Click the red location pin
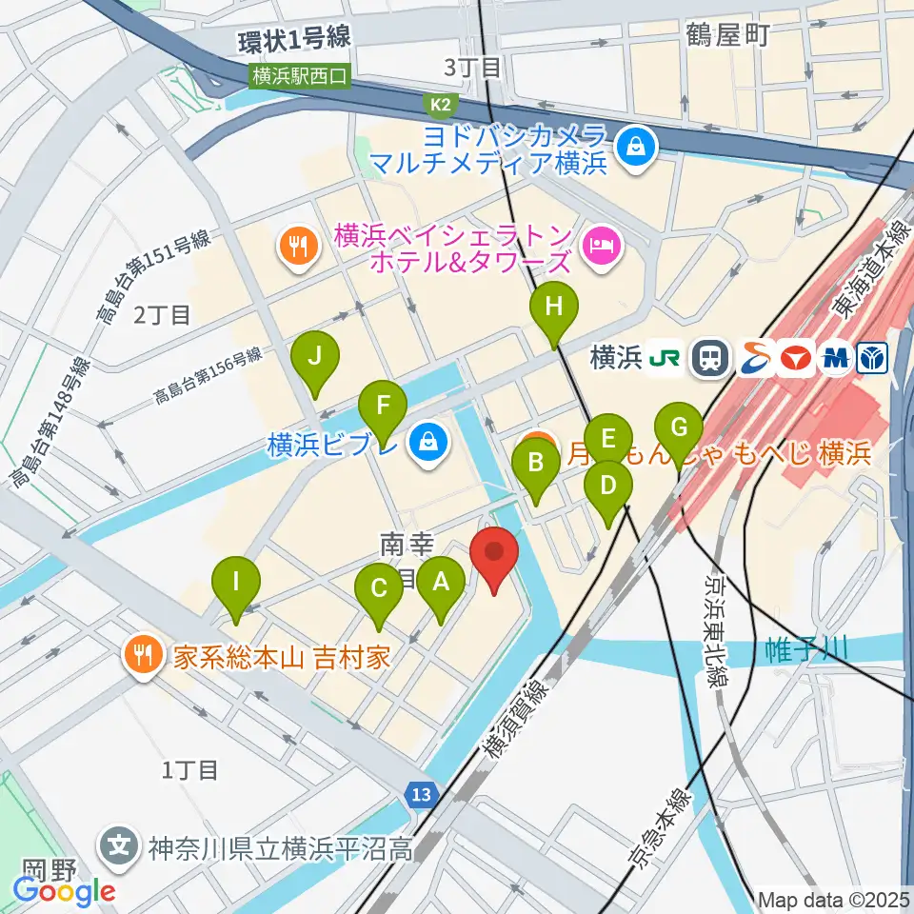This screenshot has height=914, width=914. [494, 555]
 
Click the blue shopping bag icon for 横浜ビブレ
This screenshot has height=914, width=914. [429, 443]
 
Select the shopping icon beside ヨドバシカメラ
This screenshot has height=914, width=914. [632, 147]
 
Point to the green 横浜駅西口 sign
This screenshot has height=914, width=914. [301, 76]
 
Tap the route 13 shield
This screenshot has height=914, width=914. [424, 793]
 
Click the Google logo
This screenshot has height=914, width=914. [65, 891]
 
